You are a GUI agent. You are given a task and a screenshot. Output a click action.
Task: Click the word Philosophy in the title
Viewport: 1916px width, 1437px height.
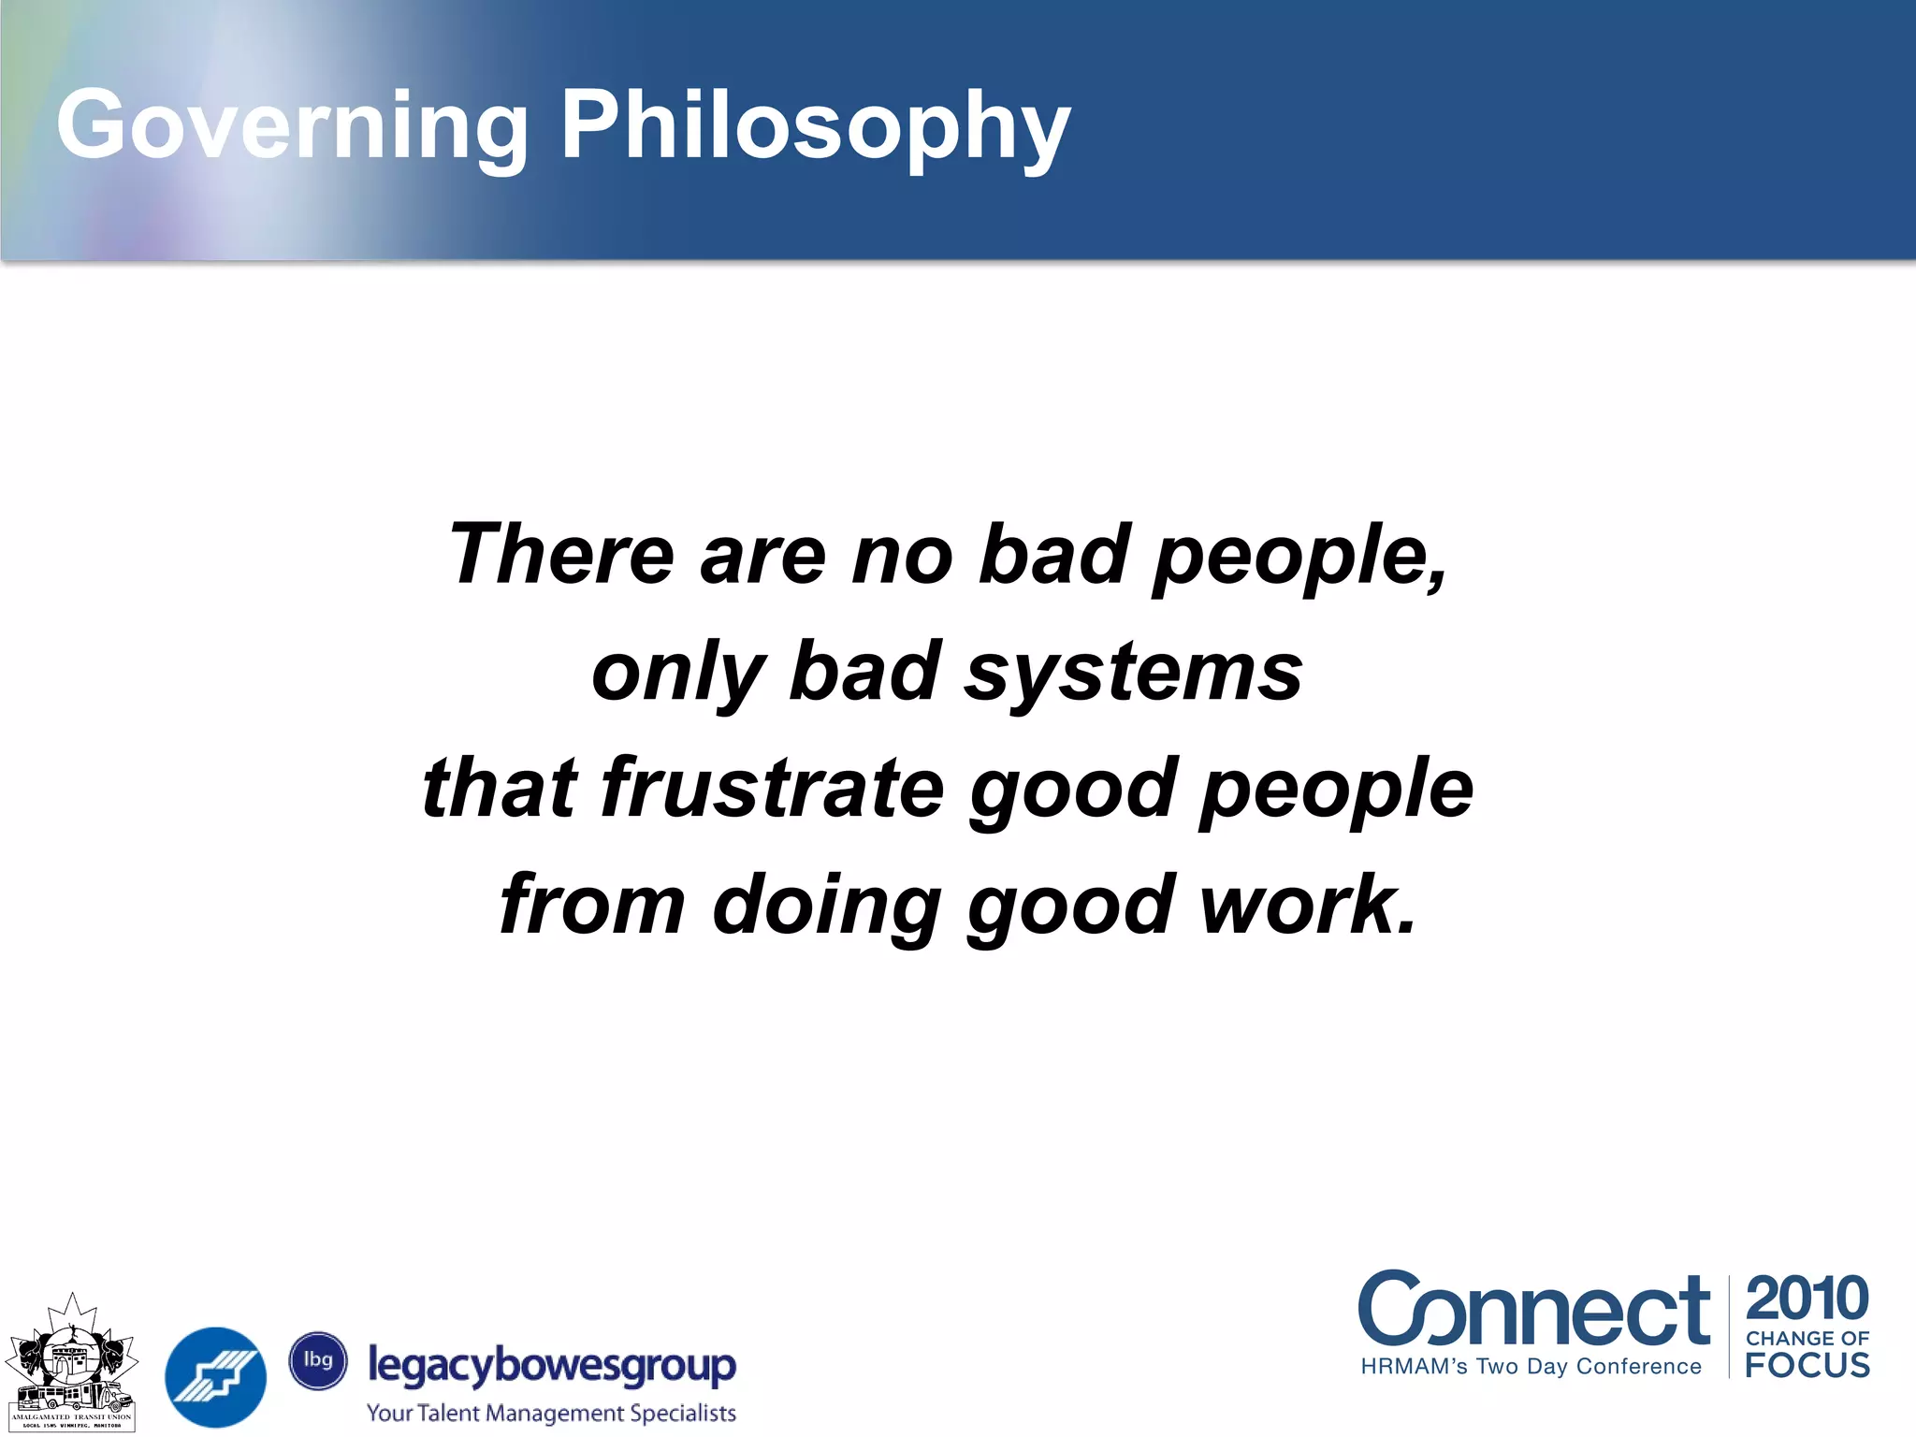[814, 126]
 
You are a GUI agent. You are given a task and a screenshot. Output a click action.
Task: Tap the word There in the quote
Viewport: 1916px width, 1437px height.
[561, 554]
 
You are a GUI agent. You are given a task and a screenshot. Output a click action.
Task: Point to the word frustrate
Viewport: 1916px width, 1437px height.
[773, 788]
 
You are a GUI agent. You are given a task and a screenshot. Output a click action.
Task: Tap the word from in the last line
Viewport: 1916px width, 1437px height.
[593, 905]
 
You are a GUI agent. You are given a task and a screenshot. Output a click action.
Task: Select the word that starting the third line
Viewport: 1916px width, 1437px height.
[500, 788]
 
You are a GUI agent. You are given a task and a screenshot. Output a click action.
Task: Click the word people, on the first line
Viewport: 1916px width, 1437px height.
[1300, 554]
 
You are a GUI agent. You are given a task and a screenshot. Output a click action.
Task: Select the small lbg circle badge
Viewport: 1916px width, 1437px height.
[318, 1359]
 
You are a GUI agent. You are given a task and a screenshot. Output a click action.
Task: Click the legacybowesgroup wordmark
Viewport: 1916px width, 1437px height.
[552, 1366]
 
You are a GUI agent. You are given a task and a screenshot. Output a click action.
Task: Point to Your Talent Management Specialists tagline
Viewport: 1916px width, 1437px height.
[551, 1413]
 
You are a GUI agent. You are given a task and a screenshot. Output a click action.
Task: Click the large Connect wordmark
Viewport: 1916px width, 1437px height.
[1534, 1310]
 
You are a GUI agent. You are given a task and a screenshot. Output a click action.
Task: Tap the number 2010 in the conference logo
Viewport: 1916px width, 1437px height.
[1807, 1299]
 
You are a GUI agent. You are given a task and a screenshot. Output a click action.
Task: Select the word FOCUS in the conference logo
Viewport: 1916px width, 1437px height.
[1807, 1366]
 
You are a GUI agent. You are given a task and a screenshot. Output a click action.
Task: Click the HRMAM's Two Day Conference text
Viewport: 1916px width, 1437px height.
[1531, 1367]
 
